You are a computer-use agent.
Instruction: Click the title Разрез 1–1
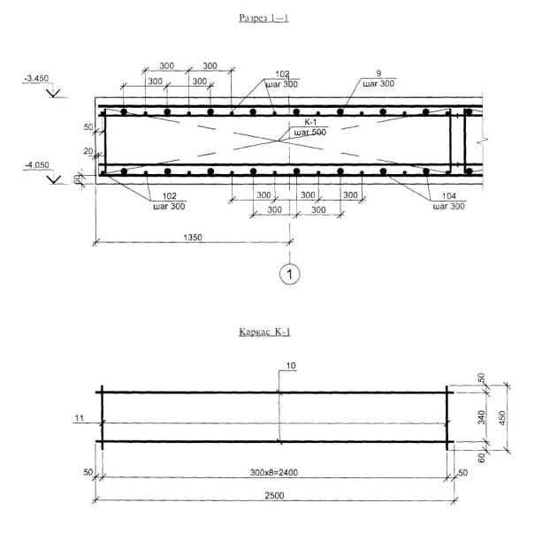[263, 18]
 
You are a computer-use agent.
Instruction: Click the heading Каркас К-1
[264, 331]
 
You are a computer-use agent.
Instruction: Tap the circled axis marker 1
[290, 274]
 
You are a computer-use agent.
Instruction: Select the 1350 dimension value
[193, 238]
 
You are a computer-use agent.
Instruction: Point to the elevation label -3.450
[36, 79]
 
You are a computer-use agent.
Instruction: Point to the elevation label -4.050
[37, 165]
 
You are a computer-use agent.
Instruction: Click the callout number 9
[378, 73]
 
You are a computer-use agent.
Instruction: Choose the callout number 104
[448, 196]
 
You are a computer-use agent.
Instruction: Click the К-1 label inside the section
[310, 122]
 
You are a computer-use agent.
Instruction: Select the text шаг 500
[310, 133]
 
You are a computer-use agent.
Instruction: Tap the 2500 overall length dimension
[274, 495]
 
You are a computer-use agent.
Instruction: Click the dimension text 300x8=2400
[274, 472]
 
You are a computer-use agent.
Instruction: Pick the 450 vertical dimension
[502, 417]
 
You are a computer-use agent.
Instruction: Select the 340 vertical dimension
[482, 417]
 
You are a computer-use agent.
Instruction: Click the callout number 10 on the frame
[291, 365]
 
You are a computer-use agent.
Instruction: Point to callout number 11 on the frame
[80, 418]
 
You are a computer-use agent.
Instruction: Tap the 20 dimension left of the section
[88, 151]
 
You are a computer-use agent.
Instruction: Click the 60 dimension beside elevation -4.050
[77, 179]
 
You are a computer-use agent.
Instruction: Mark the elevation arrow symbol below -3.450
[54, 93]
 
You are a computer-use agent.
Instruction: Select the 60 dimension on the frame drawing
[482, 458]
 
